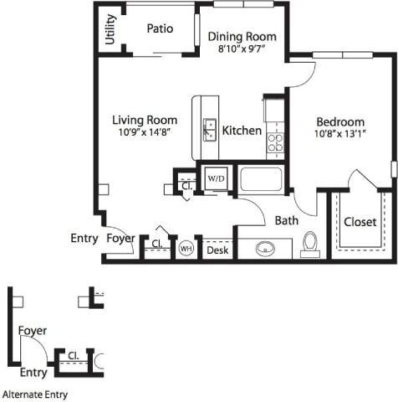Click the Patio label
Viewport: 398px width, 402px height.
click(160, 28)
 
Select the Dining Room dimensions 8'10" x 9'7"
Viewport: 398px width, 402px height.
click(242, 50)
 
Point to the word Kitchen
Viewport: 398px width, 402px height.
click(242, 131)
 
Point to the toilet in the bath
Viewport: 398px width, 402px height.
click(310, 243)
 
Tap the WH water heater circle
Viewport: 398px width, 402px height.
click(186, 249)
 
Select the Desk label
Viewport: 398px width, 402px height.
click(217, 250)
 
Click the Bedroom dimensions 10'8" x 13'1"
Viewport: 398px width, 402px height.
click(340, 134)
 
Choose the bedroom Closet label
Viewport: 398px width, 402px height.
click(360, 222)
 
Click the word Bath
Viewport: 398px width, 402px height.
click(287, 221)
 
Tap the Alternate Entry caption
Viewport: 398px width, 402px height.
click(35, 394)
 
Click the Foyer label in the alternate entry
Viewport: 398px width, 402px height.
click(33, 331)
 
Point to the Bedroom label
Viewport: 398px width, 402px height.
click(339, 121)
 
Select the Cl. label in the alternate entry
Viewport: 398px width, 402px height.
click(74, 355)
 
